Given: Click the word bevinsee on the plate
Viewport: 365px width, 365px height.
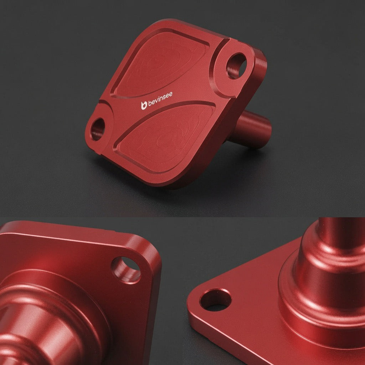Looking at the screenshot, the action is coord(160,99).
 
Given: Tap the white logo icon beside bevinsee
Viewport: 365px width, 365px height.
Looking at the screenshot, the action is coord(144,106).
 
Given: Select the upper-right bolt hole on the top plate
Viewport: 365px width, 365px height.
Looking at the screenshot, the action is coord(236,66).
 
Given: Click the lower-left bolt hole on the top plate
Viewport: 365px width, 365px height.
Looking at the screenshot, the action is coord(97,129).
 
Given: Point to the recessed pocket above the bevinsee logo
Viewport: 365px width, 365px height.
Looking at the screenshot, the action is coord(161,64).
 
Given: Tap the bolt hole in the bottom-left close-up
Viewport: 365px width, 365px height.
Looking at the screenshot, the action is coord(126,270).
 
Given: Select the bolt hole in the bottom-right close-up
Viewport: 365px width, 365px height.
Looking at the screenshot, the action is coord(216,299).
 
